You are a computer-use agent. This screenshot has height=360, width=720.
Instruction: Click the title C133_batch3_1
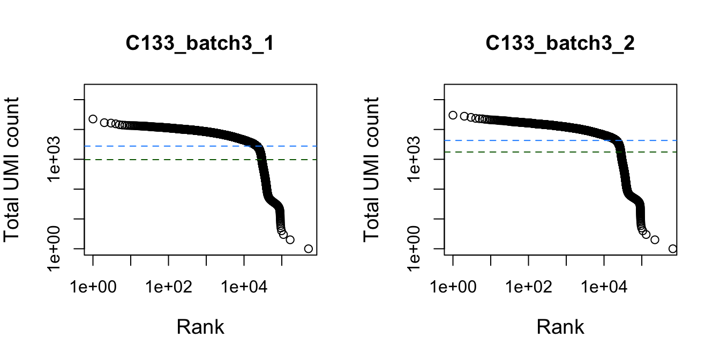click(x=200, y=44)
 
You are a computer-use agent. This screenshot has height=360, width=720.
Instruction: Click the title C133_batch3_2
click(x=560, y=44)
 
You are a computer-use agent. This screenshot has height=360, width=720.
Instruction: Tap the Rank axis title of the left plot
click(x=200, y=326)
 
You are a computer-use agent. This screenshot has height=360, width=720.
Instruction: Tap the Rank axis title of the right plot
click(x=560, y=326)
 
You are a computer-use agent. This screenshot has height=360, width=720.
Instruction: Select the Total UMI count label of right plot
click(x=373, y=169)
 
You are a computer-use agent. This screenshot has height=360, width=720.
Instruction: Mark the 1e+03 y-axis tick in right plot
click(x=417, y=159)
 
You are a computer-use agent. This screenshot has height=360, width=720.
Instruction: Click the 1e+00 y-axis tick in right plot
click(x=417, y=249)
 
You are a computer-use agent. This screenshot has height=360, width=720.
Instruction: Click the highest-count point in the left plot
click(x=93, y=119)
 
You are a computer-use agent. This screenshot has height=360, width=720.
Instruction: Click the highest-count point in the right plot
click(x=453, y=115)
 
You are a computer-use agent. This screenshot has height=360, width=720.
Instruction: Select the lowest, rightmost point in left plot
click(x=308, y=249)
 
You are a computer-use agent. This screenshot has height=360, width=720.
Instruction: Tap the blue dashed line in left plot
click(x=161, y=146)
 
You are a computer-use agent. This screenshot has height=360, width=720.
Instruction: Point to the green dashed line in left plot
click(x=161, y=160)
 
